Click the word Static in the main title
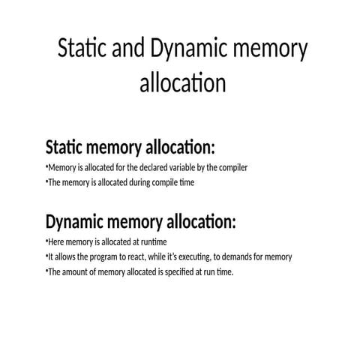82,47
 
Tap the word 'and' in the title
128,47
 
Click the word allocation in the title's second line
183,82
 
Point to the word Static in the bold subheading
64,147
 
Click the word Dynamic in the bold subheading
74,222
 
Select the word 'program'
101,257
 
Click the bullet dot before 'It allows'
46,255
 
